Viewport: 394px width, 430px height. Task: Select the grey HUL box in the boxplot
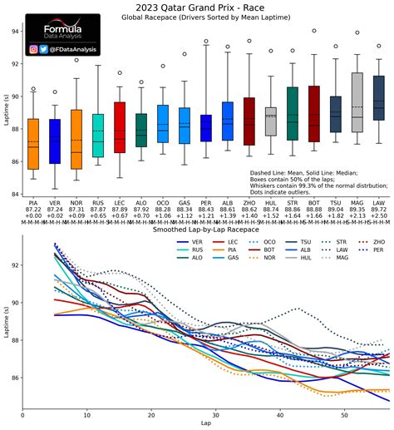pos(270,121)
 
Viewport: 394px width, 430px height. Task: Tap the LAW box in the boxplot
pos(378,98)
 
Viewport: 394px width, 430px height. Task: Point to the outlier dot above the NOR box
pos(76,60)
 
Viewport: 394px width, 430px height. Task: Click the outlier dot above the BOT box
pos(313,31)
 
